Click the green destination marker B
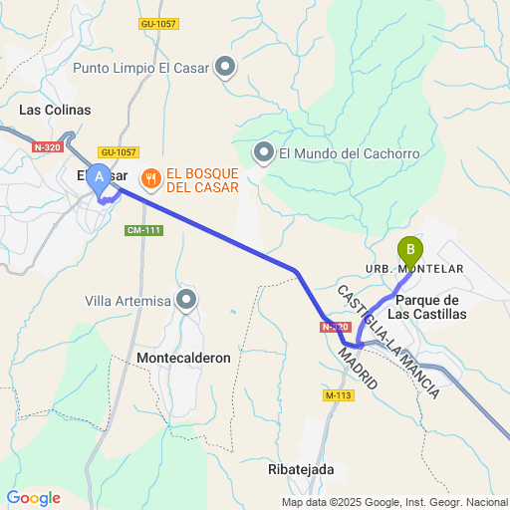click(x=409, y=249)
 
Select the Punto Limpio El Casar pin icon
click(x=226, y=68)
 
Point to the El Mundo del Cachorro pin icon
click(x=264, y=152)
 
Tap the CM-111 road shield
click(x=143, y=230)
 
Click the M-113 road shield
click(x=340, y=395)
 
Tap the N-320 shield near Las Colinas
click(x=48, y=146)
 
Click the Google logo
click(x=33, y=498)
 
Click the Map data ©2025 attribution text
click(x=394, y=502)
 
